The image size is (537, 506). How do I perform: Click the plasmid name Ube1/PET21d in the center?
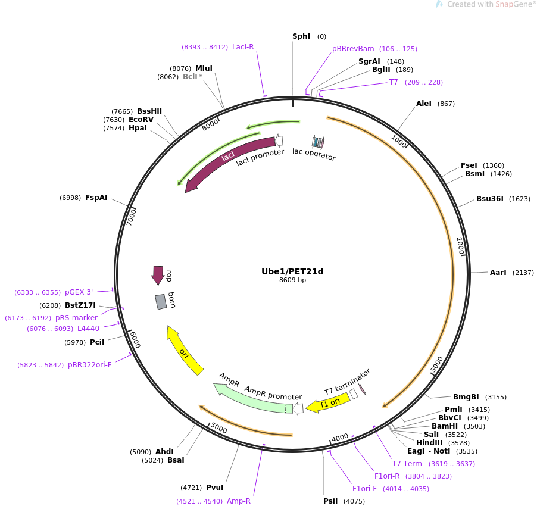(x=292, y=271)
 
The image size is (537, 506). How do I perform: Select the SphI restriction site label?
(x=301, y=36)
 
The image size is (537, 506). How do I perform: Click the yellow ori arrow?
(x=185, y=351)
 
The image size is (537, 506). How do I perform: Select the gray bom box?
(x=161, y=302)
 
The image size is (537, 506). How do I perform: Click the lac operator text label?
(x=314, y=154)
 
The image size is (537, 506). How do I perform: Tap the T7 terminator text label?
(x=347, y=382)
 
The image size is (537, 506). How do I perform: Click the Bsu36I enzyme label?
(x=489, y=199)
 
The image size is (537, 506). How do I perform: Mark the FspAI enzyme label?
(x=96, y=198)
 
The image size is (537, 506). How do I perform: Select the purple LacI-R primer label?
(x=243, y=47)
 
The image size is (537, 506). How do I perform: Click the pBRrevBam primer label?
(x=353, y=49)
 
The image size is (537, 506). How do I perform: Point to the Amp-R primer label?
(x=239, y=501)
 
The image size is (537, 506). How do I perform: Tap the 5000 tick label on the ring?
(x=219, y=428)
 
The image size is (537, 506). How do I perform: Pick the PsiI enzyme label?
(x=330, y=501)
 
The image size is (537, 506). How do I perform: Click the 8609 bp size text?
(x=292, y=280)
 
